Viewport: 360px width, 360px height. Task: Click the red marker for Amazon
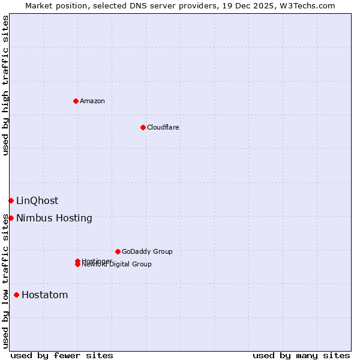coord(76,101)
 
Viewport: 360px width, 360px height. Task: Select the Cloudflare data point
coord(143,127)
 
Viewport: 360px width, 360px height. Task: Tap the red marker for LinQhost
coord(11,200)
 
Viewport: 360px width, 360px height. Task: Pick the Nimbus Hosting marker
coord(11,218)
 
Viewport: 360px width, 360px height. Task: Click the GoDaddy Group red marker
coord(118,251)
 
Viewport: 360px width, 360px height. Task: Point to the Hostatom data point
coord(16,295)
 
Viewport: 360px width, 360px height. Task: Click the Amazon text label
coord(92,101)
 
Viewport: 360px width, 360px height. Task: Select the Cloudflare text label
coord(163,127)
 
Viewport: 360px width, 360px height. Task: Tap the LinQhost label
coord(37,201)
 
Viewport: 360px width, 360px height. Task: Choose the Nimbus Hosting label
coord(54,218)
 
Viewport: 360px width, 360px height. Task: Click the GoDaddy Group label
coord(147,251)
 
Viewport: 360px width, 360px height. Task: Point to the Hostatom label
coord(44,295)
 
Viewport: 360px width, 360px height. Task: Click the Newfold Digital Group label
coord(117,265)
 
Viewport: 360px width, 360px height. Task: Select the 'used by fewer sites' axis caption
coord(62,356)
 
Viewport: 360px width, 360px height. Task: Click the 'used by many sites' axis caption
coord(301,356)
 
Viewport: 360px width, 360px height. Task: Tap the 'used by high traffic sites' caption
coord(5,85)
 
